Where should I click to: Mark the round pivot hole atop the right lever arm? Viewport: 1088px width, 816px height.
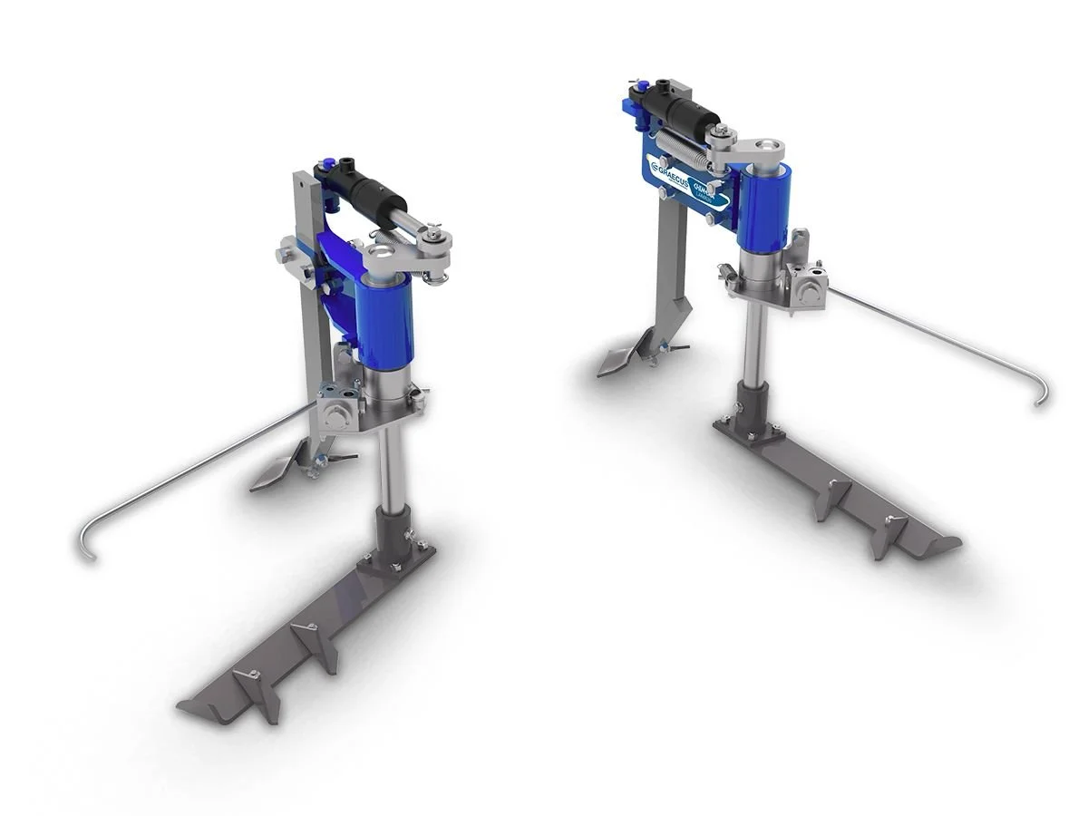[768, 145]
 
